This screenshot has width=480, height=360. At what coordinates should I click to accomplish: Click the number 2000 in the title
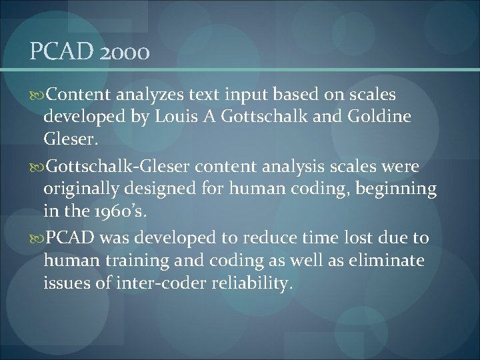point(125,52)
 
